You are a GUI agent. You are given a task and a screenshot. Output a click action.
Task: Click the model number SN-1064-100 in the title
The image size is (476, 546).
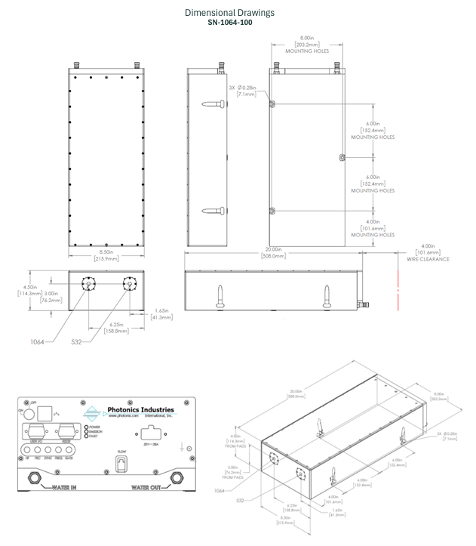coord(229,23)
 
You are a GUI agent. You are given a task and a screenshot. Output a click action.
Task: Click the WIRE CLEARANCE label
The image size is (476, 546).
coord(428,259)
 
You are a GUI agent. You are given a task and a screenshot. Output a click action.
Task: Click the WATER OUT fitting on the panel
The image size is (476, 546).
coord(179,477)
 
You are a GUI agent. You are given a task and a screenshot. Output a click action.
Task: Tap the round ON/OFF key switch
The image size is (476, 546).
coord(31,415)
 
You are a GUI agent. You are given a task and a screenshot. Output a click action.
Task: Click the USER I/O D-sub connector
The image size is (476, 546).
coord(35,435)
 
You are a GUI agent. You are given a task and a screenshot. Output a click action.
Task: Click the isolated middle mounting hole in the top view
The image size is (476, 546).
coord(342,158)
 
